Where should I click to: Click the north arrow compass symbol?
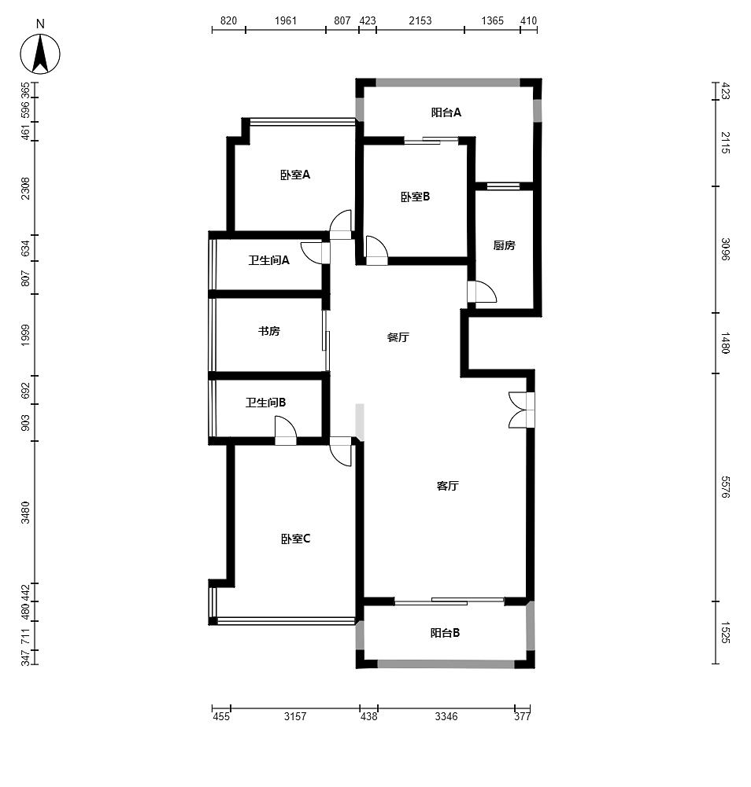(x=40, y=53)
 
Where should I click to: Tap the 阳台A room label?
(x=446, y=112)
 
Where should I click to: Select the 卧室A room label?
(x=295, y=175)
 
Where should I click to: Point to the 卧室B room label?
(x=415, y=197)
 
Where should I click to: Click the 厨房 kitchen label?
(x=504, y=245)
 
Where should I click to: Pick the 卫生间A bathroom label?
(x=269, y=260)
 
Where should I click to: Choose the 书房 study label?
(x=269, y=331)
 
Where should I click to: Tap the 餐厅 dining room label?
(x=398, y=336)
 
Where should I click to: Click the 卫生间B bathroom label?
(x=266, y=402)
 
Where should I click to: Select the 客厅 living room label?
(x=447, y=485)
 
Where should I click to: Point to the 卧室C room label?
(x=295, y=539)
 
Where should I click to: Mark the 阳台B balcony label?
(x=445, y=633)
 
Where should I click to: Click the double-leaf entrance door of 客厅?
(x=522, y=410)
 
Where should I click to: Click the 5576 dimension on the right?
(x=725, y=487)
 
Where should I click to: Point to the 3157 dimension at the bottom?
(x=295, y=716)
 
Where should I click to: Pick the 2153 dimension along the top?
(x=420, y=20)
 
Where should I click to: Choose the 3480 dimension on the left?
(x=25, y=512)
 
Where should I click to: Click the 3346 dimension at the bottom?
(x=446, y=716)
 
